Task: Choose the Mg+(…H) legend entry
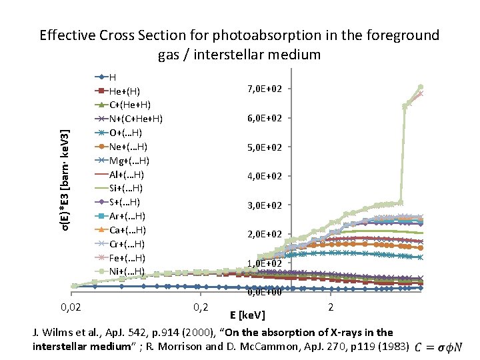point(128,160)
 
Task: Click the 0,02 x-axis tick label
point(72,307)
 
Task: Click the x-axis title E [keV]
point(247,314)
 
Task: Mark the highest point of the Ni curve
point(421,87)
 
